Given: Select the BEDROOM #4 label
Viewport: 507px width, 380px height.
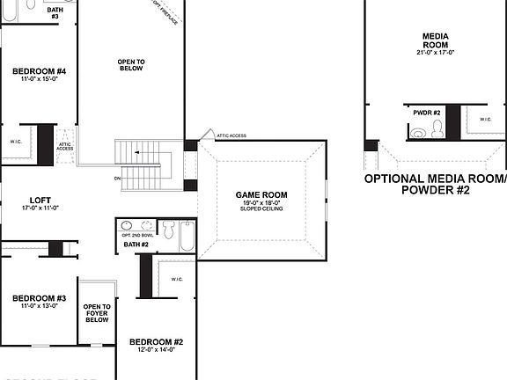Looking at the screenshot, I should (38, 70).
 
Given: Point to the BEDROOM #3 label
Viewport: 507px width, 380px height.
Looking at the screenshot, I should (39, 298).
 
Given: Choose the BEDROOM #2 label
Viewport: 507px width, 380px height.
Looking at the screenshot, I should (156, 341).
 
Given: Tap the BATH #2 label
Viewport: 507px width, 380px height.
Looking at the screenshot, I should (136, 244).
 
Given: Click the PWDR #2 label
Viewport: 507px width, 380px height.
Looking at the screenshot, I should (427, 113).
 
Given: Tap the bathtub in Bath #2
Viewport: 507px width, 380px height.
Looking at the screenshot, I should (188, 235).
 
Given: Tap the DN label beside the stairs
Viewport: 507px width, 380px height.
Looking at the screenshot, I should (117, 179).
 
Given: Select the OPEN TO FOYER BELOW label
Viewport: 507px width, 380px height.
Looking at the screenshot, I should (97, 313).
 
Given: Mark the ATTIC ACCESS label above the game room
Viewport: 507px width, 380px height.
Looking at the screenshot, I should (231, 135).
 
